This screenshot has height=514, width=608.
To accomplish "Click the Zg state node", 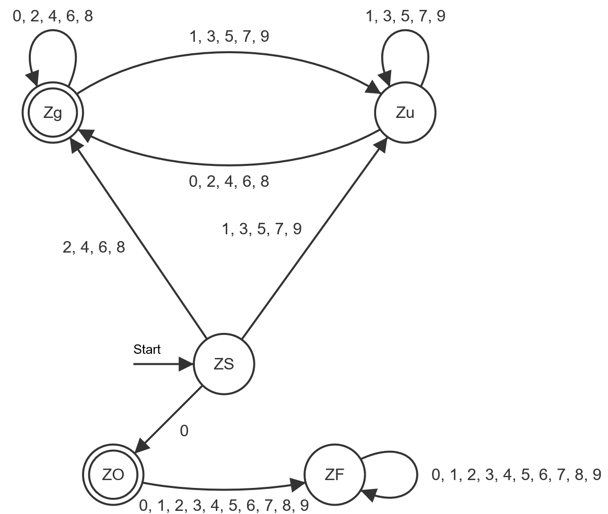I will [53, 113].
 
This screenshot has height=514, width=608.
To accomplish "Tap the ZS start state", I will [224, 364].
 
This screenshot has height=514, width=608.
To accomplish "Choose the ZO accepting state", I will [113, 474].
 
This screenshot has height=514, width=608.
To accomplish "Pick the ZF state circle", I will [335, 474].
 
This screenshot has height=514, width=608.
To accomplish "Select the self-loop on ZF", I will [416, 475].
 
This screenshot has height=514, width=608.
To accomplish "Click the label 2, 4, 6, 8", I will [94, 247].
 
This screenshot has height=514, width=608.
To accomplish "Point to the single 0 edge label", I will [184, 431].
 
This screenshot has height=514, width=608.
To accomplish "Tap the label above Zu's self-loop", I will [406, 16].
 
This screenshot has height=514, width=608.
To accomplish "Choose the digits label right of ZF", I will [516, 475].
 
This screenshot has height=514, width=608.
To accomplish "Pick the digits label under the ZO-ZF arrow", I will [224, 505].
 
